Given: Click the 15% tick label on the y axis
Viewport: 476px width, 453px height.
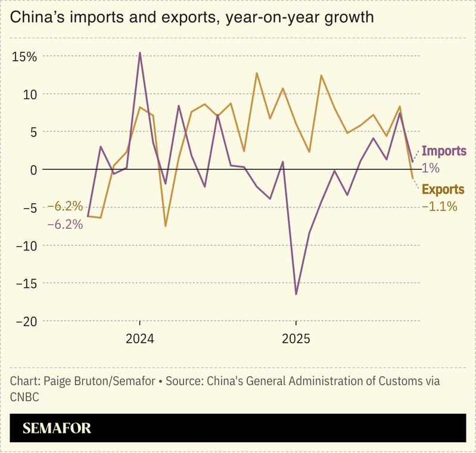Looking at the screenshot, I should pos(24,57).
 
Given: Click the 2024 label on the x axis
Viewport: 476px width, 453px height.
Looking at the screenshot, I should pos(139,339).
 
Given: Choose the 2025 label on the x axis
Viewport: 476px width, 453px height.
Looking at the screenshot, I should pos(296,339).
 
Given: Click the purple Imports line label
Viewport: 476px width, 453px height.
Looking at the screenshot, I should pos(444,151).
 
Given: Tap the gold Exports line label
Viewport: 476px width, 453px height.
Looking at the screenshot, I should pos(443,190).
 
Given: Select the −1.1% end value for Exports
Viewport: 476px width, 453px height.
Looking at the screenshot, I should pos(439,207).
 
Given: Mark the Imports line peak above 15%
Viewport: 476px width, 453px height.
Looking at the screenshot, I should pos(140,52).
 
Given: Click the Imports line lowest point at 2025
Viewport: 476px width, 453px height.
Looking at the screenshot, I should pos(296,294).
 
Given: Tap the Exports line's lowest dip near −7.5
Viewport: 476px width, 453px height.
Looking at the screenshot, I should pos(166,226).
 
